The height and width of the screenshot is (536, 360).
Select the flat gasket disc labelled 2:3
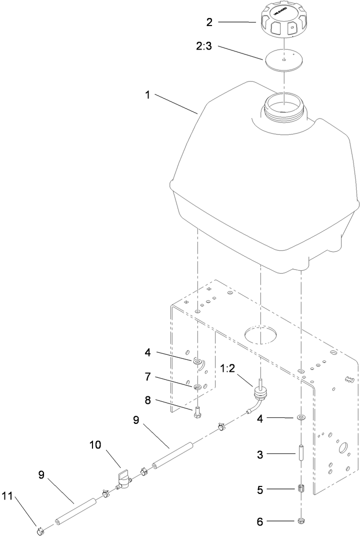tap(283, 59)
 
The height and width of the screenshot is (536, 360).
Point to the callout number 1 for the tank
tap(147, 95)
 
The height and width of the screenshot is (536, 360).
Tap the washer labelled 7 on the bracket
tap(198, 387)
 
